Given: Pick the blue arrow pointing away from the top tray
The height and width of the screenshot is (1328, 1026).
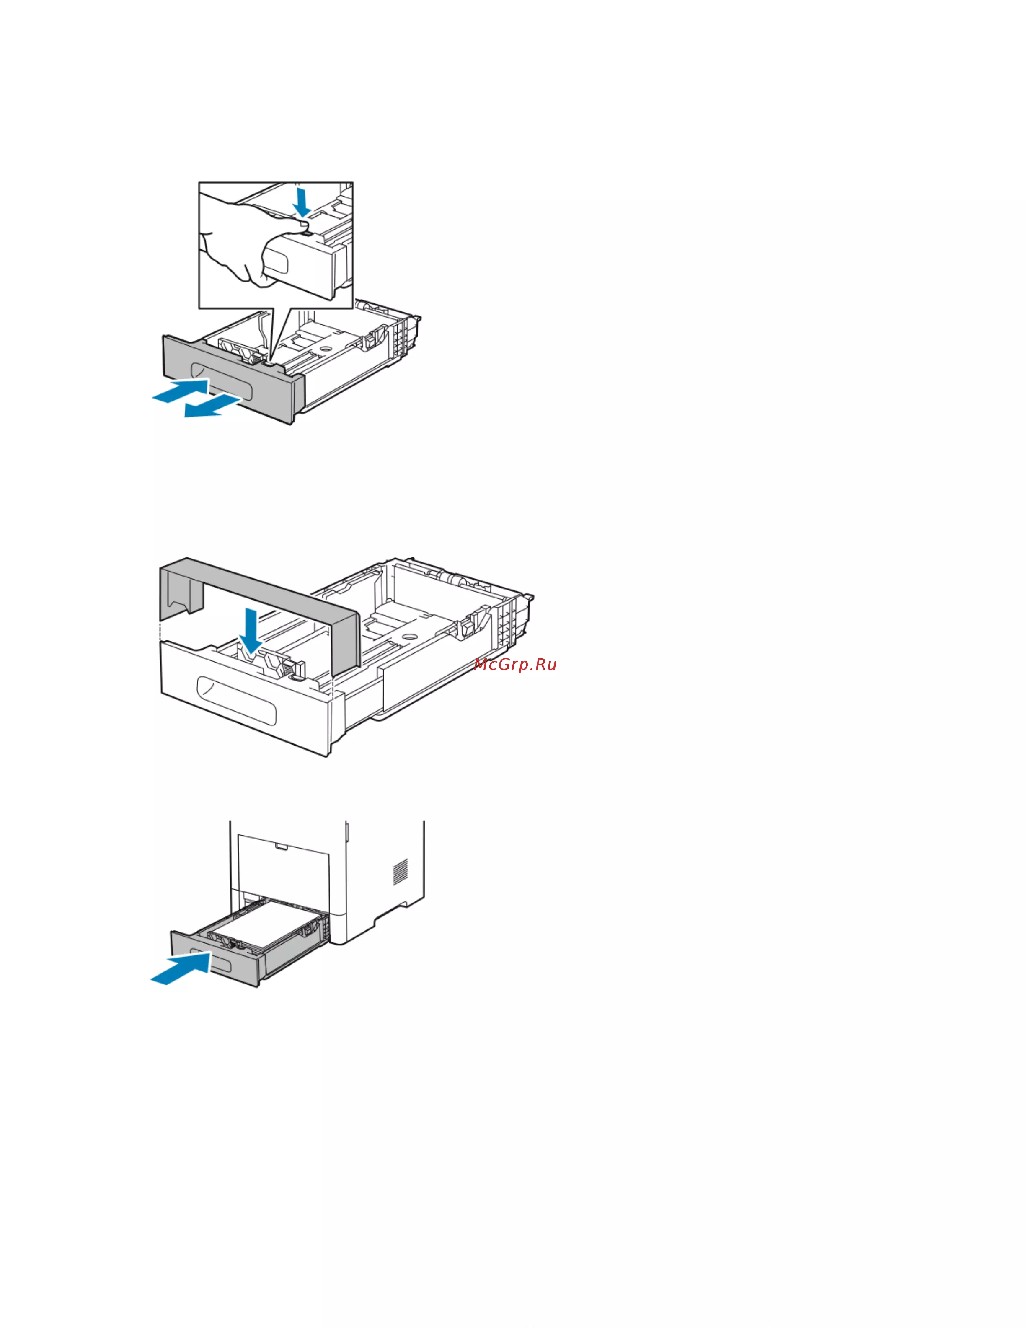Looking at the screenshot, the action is click(x=216, y=405).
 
